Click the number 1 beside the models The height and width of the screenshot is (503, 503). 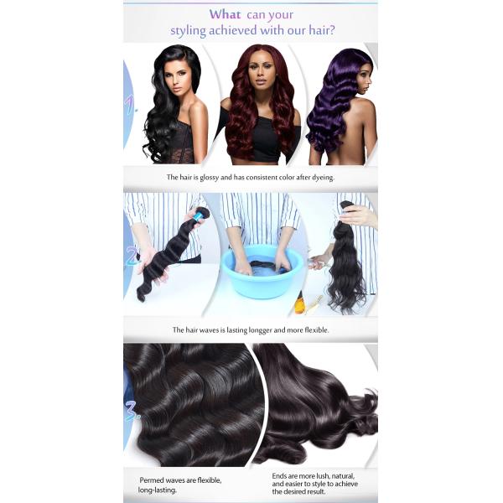[130, 107]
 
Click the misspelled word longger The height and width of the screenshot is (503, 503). [271, 330]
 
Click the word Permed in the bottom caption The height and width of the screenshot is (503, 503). [153, 480]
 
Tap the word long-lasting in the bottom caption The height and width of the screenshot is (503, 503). [158, 490]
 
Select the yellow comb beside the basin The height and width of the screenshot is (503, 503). [315, 301]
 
